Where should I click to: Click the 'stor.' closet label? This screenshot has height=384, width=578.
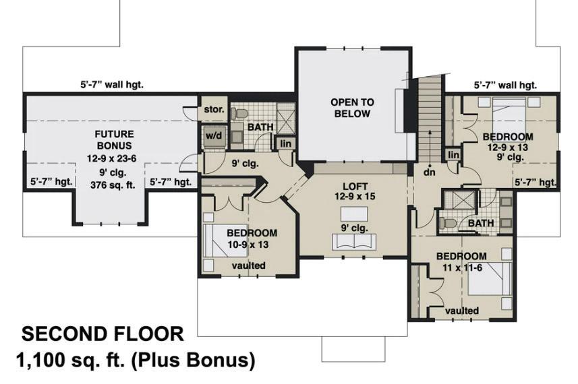pyautogui.click(x=214, y=109)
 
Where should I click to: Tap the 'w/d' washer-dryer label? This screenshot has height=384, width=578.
pyautogui.click(x=214, y=136)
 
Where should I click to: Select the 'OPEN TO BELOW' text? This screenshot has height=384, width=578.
pyautogui.click(x=352, y=108)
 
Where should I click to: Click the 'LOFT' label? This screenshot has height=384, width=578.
pyautogui.click(x=355, y=187)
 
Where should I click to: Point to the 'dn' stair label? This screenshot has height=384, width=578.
pyautogui.click(x=430, y=172)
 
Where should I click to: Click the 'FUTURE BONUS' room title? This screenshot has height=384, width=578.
pyautogui.click(x=114, y=139)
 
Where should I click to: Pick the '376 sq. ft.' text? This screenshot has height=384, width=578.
pyautogui.click(x=113, y=185)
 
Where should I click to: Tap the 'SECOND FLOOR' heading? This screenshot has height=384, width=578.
pyautogui.click(x=103, y=334)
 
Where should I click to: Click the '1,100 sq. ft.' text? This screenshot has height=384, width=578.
pyautogui.click(x=69, y=360)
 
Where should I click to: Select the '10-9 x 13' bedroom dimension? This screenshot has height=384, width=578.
pyautogui.click(x=248, y=245)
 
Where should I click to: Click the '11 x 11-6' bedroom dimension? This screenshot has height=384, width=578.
pyautogui.click(x=462, y=267)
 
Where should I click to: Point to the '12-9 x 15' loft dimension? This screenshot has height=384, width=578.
pyautogui.click(x=355, y=196)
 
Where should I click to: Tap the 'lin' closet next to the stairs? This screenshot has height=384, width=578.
pyautogui.click(x=453, y=155)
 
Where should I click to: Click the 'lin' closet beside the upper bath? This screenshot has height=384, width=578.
pyautogui.click(x=285, y=143)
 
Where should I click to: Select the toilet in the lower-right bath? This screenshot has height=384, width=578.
pyautogui.click(x=446, y=224)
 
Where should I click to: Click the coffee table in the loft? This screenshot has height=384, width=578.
pyautogui.click(x=354, y=214)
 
